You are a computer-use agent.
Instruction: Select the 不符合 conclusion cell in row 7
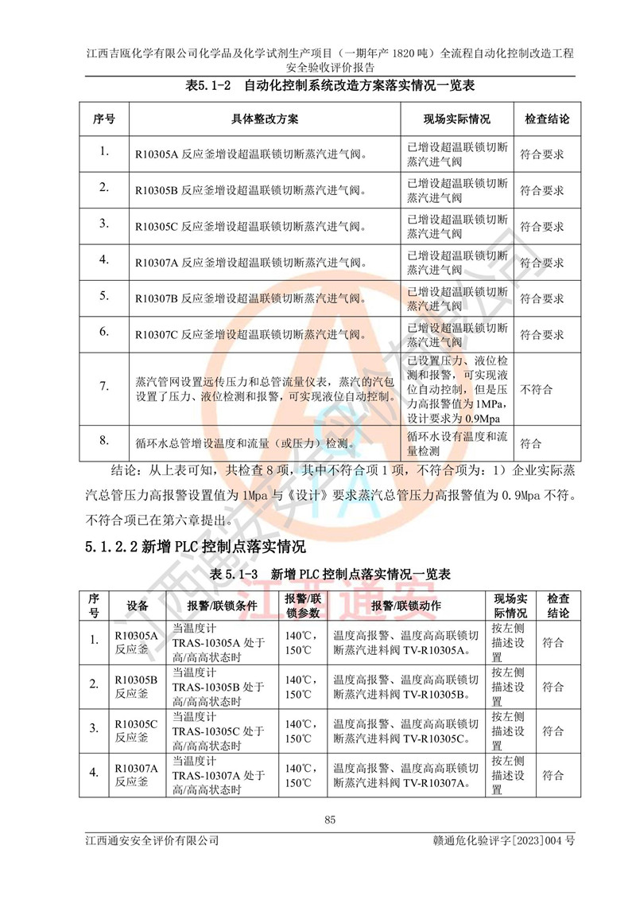537,389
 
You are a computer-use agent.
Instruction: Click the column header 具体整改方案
266,119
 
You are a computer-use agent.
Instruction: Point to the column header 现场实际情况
456,119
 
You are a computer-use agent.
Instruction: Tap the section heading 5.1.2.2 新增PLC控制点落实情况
194,548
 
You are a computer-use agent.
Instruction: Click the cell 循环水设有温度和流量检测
456,443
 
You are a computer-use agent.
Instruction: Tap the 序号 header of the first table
104,119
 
